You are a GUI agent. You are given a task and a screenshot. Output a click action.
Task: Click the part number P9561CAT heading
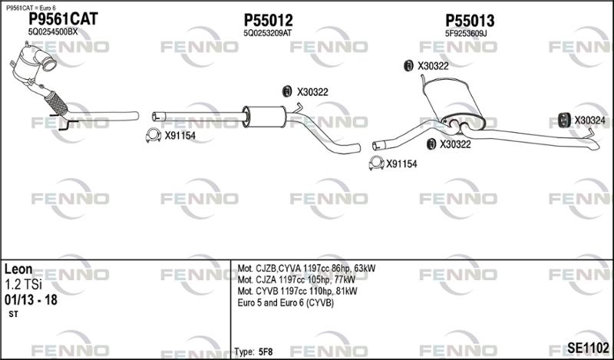[x=64, y=18]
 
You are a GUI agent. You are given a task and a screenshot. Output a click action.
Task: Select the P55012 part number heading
[x=268, y=20]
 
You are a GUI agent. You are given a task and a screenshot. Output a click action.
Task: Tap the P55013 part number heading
[x=470, y=21]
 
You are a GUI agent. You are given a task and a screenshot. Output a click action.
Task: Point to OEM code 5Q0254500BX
[x=53, y=32]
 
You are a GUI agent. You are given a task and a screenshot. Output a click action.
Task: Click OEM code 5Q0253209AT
[x=267, y=33]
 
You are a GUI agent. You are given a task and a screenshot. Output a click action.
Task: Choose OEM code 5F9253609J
[x=466, y=33]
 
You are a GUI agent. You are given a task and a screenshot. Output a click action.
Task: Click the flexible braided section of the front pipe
[x=56, y=103]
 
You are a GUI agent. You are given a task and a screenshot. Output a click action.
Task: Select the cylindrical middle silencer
[x=265, y=117]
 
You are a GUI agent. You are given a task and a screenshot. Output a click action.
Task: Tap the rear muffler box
[x=454, y=101]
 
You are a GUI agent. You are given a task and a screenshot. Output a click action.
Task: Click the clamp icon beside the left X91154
[x=153, y=135]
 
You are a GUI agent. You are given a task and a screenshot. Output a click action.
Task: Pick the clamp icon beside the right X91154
[x=376, y=163]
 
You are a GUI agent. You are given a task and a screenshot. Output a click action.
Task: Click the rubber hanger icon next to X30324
[x=564, y=121]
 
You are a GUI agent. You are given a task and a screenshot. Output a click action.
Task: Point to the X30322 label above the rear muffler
[x=433, y=66]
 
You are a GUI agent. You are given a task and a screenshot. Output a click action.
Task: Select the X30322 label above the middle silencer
[x=312, y=92]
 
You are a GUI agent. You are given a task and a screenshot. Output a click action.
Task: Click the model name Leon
[x=18, y=269]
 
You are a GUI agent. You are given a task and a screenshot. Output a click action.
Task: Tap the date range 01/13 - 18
[x=31, y=300]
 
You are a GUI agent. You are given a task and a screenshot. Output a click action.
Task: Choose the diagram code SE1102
[x=589, y=348]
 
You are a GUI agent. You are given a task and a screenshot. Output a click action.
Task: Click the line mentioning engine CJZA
[x=296, y=279]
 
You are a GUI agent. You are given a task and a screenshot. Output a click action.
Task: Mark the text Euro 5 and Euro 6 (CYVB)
[x=286, y=302]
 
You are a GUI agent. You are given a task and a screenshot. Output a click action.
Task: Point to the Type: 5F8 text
[x=253, y=352]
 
